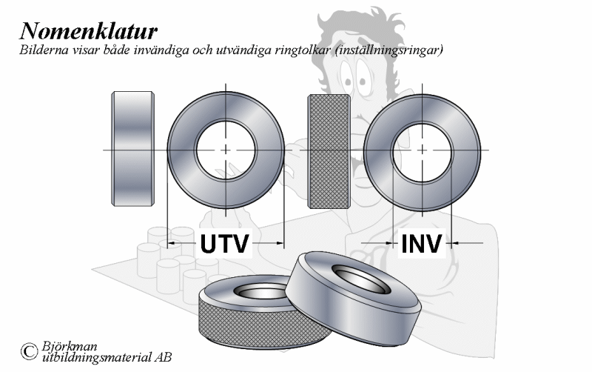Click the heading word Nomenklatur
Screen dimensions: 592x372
[88, 30]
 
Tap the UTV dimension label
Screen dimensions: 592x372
[225, 244]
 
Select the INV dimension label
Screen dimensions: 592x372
[422, 244]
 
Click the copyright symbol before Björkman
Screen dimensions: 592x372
[29, 351]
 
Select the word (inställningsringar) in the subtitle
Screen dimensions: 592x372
[388, 50]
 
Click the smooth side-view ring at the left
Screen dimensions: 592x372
[132, 149]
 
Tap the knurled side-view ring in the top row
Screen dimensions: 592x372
[329, 151]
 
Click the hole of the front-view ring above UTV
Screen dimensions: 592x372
[226, 150]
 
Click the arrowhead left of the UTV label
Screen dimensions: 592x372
[171, 243]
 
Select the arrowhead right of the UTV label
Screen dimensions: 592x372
[280, 243]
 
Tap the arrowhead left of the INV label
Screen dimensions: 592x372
[389, 243]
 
